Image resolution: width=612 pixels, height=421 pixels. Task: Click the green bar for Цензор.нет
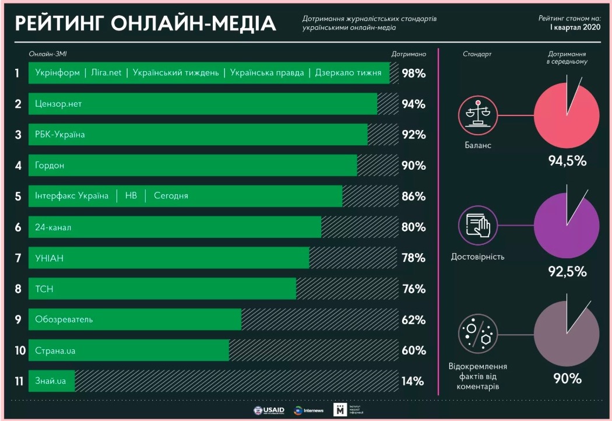pyautogui.click(x=203, y=104)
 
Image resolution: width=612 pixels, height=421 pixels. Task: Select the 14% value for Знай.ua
pyautogui.click(x=413, y=381)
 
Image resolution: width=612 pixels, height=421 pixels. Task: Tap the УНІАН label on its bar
pyautogui.click(x=49, y=258)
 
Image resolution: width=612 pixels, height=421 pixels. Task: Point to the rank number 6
pyautogui.click(x=18, y=227)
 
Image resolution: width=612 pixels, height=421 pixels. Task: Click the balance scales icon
pyautogui.click(x=478, y=115)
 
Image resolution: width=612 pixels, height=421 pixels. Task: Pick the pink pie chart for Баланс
pyautogui.click(x=566, y=115)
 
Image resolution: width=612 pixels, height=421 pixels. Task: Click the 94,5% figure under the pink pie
pyautogui.click(x=567, y=161)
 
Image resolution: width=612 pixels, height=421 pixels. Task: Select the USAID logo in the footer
pyautogui.click(x=269, y=411)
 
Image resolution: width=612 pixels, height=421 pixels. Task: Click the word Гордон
pyautogui.click(x=50, y=166)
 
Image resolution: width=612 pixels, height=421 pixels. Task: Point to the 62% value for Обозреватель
pyautogui.click(x=413, y=320)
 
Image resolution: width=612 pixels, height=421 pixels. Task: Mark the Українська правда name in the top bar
pyautogui.click(x=267, y=73)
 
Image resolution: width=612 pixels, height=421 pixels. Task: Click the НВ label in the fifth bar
pyautogui.click(x=131, y=196)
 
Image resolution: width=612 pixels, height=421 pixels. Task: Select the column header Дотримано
pyautogui.click(x=409, y=54)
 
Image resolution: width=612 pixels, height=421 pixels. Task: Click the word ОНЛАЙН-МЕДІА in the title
pyautogui.click(x=193, y=23)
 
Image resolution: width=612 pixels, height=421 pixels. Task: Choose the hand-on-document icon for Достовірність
pyautogui.click(x=478, y=224)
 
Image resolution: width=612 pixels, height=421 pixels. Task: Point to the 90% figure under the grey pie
pyautogui.click(x=567, y=378)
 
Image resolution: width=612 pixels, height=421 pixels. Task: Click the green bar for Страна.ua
pyautogui.click(x=128, y=350)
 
